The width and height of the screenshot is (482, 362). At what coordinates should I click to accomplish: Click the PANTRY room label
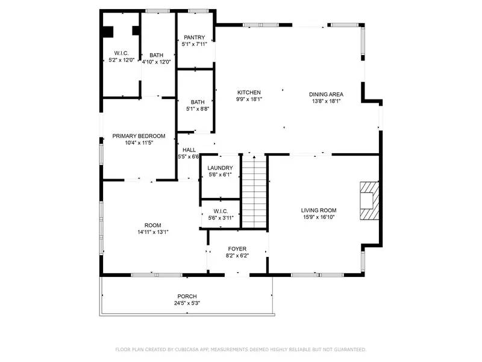(x=195, y=37)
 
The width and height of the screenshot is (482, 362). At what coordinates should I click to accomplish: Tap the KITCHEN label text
(x=248, y=92)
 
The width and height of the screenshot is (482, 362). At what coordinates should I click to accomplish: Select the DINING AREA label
(x=326, y=94)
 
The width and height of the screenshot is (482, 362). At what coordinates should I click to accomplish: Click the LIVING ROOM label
(x=318, y=210)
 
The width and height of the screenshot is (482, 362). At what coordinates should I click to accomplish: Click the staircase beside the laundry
(x=254, y=191)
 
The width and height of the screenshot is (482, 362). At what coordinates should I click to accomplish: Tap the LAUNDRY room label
(x=220, y=168)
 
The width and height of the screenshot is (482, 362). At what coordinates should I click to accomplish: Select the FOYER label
(x=237, y=249)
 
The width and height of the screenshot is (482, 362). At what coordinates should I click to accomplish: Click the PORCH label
(x=187, y=296)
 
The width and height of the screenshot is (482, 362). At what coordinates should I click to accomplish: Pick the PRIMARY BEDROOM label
(x=139, y=136)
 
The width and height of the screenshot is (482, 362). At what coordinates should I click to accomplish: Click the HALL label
(x=189, y=150)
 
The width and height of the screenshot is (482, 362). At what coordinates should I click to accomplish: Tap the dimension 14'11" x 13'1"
(x=152, y=232)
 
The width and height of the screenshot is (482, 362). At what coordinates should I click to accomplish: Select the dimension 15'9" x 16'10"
(x=318, y=217)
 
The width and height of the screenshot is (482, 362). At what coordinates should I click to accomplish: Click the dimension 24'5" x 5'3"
(x=187, y=303)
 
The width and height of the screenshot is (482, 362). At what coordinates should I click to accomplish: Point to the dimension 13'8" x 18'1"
(x=326, y=101)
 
